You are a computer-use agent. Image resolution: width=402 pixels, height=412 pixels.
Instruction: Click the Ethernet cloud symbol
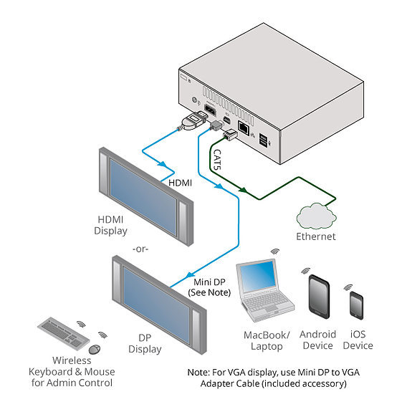pos(316,216)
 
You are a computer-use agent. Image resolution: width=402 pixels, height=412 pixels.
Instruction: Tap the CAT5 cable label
pos(217,160)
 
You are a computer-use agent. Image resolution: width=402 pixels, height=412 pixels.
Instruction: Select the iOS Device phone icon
pos(356,305)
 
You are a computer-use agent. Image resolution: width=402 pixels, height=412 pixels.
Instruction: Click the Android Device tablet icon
pos(319,297)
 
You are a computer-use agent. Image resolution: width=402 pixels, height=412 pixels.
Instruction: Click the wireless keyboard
pos(64,333)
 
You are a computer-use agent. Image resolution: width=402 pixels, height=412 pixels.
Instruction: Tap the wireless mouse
pos(95,349)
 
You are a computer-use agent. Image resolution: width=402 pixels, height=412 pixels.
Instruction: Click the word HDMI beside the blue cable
pos(180,183)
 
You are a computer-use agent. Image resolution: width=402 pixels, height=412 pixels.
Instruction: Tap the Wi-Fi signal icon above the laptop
pos(275,251)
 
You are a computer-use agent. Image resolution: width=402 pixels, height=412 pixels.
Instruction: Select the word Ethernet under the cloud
pos(316,236)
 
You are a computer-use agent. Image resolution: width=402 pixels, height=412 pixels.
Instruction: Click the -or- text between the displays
pos(140,249)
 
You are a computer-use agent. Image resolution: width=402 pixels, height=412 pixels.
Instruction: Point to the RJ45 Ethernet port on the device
pos(244,128)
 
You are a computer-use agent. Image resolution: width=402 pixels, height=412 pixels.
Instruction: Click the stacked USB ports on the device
pos(263,140)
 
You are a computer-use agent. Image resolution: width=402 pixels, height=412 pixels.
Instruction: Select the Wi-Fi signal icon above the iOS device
pos(348,287)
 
